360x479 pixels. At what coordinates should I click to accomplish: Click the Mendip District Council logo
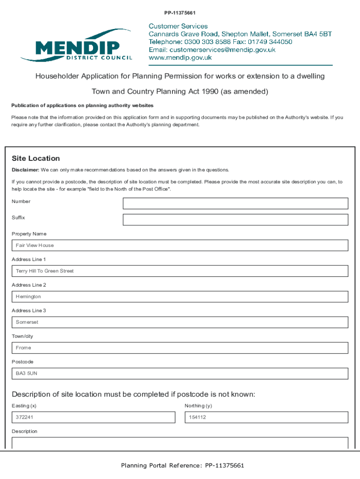tap(77, 45)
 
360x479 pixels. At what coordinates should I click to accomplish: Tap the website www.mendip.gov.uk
tap(180, 58)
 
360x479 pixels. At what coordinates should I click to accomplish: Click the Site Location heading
tap(36, 159)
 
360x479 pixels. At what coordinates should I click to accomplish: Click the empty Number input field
tap(235, 203)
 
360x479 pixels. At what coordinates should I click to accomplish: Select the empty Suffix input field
tap(235, 220)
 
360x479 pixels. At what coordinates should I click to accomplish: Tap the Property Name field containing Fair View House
tap(180, 246)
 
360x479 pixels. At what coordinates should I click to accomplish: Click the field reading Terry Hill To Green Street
tap(180, 271)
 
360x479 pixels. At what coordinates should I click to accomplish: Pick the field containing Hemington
tap(180, 297)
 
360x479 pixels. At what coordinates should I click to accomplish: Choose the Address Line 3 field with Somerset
tap(180, 322)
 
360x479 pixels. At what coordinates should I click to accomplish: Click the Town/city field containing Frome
tap(180, 348)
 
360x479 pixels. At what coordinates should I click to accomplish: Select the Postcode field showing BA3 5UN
tap(180, 374)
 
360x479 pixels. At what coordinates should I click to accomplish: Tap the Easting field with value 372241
tap(93, 417)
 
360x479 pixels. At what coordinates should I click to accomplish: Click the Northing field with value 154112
tap(266, 417)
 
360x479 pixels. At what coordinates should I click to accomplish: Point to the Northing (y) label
tap(198, 406)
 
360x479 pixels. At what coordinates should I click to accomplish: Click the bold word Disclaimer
tap(26, 170)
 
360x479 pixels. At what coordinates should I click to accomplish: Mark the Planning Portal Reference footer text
tap(182, 465)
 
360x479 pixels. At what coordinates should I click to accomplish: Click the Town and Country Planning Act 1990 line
tap(180, 92)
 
